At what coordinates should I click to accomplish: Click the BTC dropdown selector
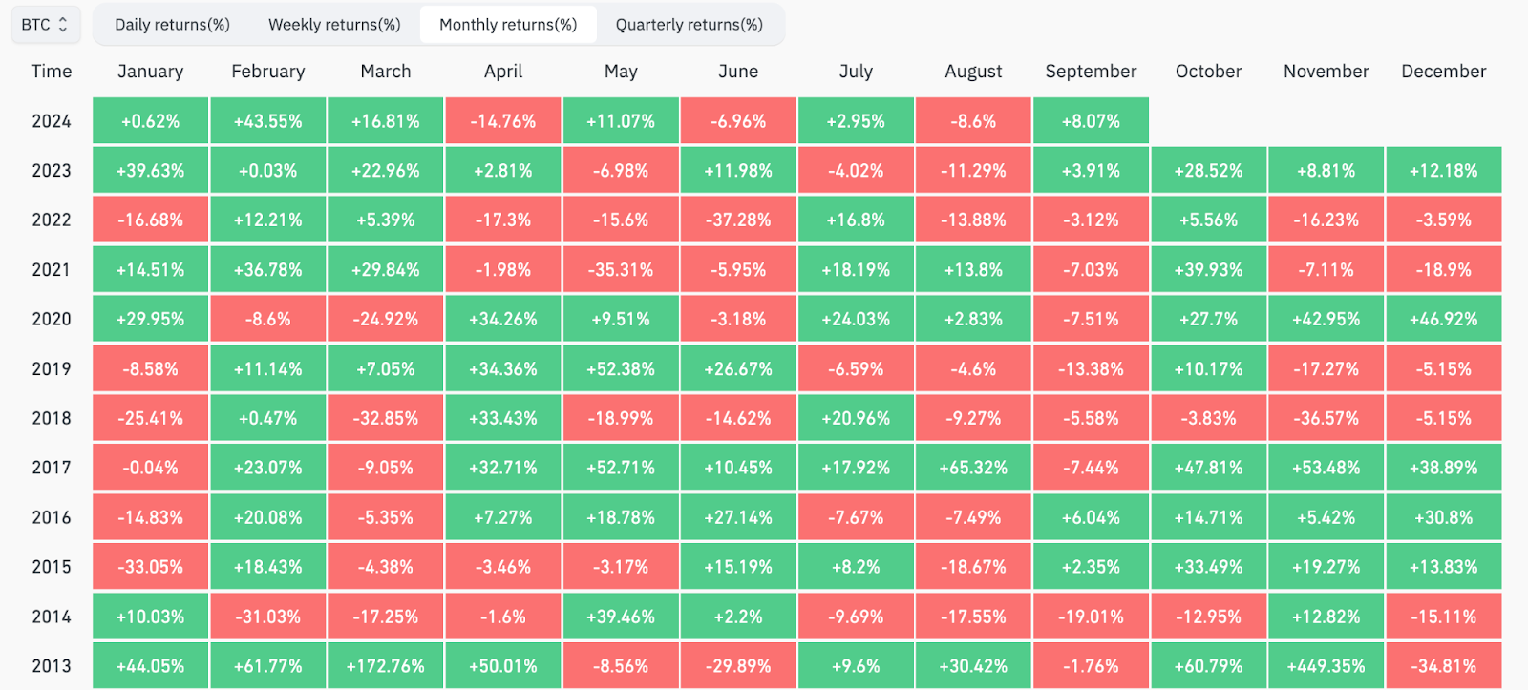click(46, 25)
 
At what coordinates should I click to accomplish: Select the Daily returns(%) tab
click(172, 25)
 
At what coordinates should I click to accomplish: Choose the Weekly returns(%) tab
click(334, 25)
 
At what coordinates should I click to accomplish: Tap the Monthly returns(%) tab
click(508, 25)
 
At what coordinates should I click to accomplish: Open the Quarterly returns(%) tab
click(689, 25)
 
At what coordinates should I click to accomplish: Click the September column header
click(1091, 72)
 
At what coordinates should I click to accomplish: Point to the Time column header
click(52, 72)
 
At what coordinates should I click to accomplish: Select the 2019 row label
click(52, 369)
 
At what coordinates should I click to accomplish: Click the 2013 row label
click(52, 666)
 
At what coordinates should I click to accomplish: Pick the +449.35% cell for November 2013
click(1326, 665)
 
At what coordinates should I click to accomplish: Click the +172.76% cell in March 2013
click(386, 665)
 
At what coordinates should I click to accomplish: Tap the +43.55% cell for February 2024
click(268, 120)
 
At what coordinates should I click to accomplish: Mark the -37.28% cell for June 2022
click(738, 220)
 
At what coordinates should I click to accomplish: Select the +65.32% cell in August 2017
click(973, 468)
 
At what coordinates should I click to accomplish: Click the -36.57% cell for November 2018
click(1326, 418)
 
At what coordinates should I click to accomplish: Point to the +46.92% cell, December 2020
click(1444, 319)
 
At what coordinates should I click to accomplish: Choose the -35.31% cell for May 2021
click(621, 269)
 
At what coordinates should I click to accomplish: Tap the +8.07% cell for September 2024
click(1091, 120)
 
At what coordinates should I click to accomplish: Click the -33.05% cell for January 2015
click(150, 567)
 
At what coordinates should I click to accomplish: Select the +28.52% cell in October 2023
click(1209, 170)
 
